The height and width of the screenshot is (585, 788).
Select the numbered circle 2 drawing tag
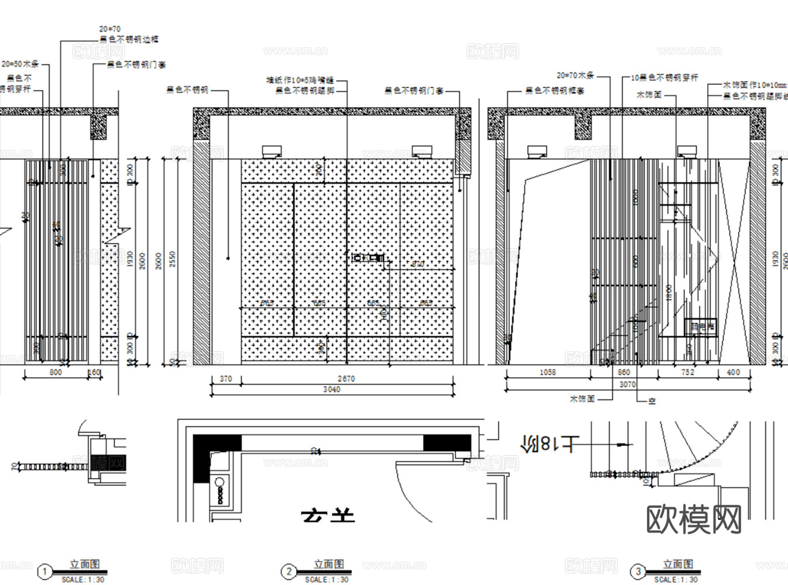pyautogui.click(x=288, y=572)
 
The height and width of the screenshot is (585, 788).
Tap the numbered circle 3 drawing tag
pyautogui.click(x=638, y=572)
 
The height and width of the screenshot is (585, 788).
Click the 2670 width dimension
pyautogui.click(x=346, y=379)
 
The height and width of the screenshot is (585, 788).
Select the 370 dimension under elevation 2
pyautogui.click(x=225, y=379)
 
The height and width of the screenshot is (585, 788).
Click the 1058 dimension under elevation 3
pyautogui.click(x=547, y=372)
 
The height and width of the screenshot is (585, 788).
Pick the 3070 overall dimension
pyautogui.click(x=627, y=384)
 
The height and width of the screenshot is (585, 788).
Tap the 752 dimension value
pyautogui.click(x=688, y=372)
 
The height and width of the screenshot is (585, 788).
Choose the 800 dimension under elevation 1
pyautogui.click(x=55, y=372)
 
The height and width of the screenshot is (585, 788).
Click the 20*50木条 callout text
pyautogui.click(x=20, y=63)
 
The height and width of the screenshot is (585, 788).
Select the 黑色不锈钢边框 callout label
pyautogui.click(x=129, y=39)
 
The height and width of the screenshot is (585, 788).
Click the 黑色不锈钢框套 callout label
pyautogui.click(x=554, y=91)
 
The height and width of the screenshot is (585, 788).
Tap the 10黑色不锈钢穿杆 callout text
pyautogui.click(x=664, y=77)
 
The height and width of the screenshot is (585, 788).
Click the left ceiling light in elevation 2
pyautogui.click(x=271, y=152)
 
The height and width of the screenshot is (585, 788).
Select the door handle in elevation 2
pyautogui.click(x=368, y=257)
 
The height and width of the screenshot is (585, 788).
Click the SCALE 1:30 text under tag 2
pyautogui.click(x=327, y=579)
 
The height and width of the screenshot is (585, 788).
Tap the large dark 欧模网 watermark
pyautogui.click(x=694, y=519)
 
